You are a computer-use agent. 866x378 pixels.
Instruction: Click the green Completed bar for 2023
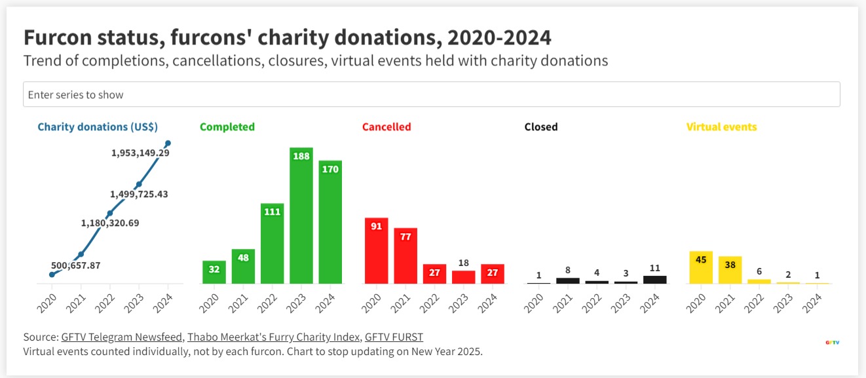[301, 216]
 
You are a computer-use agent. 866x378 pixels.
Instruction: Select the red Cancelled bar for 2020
[377, 250]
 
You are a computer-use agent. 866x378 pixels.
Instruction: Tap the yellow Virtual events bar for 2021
[730, 270]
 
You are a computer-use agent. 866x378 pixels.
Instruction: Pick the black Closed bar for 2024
[655, 279]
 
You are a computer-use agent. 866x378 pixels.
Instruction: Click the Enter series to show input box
[431, 94]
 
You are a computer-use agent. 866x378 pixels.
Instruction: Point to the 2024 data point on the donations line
[168, 143]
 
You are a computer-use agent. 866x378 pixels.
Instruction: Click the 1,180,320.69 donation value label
[110, 223]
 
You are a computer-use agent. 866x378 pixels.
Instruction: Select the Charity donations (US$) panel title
[98, 127]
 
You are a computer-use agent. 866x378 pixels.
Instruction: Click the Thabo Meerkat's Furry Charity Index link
[273, 337]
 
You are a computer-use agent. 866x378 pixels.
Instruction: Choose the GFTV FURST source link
[394, 337]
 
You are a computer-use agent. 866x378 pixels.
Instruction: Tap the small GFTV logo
[833, 342]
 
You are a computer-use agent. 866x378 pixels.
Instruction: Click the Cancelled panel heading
[386, 127]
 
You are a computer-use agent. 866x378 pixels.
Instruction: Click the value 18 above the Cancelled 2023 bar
[464, 263]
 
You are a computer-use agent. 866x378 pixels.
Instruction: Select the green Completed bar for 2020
[214, 272]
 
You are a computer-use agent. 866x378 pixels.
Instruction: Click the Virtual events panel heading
[721, 127]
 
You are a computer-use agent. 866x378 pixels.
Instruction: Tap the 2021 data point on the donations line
[81, 254]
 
